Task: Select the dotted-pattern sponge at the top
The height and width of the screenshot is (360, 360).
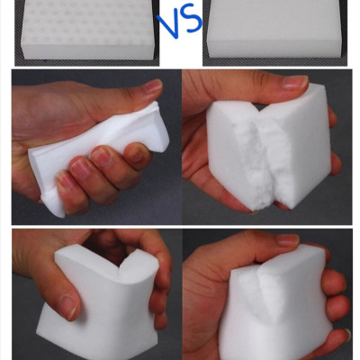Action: [89, 30]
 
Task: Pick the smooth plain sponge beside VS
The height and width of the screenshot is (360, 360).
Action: [274, 29]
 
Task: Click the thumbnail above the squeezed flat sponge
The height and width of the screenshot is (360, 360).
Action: [152, 86]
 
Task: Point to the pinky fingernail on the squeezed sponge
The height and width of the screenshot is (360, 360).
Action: [64, 181]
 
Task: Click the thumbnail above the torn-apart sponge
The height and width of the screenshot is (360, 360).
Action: [295, 83]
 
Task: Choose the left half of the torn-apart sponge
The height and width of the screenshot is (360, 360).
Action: [237, 156]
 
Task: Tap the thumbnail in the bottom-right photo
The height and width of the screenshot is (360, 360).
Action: [288, 239]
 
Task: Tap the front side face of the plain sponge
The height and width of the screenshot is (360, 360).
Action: [274, 49]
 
